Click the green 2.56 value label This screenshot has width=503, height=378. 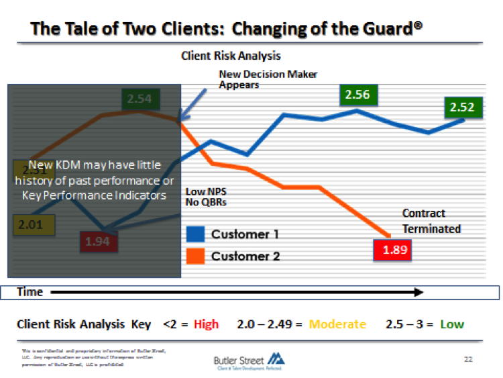pos(357,96)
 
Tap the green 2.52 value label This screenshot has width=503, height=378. pos(462,107)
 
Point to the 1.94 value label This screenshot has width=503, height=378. pos(98,242)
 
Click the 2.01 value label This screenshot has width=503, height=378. pos(30,224)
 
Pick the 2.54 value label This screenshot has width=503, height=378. pos(139,99)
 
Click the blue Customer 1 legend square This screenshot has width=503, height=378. pos(195,234)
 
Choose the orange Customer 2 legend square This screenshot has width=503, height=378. pos(195,256)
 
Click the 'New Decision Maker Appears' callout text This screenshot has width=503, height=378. pos(268,79)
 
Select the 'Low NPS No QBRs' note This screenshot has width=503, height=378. pos(205,197)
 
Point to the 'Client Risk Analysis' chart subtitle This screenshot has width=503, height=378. pos(231,56)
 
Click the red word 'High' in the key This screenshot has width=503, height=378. pos(206,324)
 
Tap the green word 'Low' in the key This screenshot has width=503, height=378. pos(451,324)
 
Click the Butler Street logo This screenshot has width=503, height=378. pos(248,361)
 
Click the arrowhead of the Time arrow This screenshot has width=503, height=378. pos(418,292)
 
